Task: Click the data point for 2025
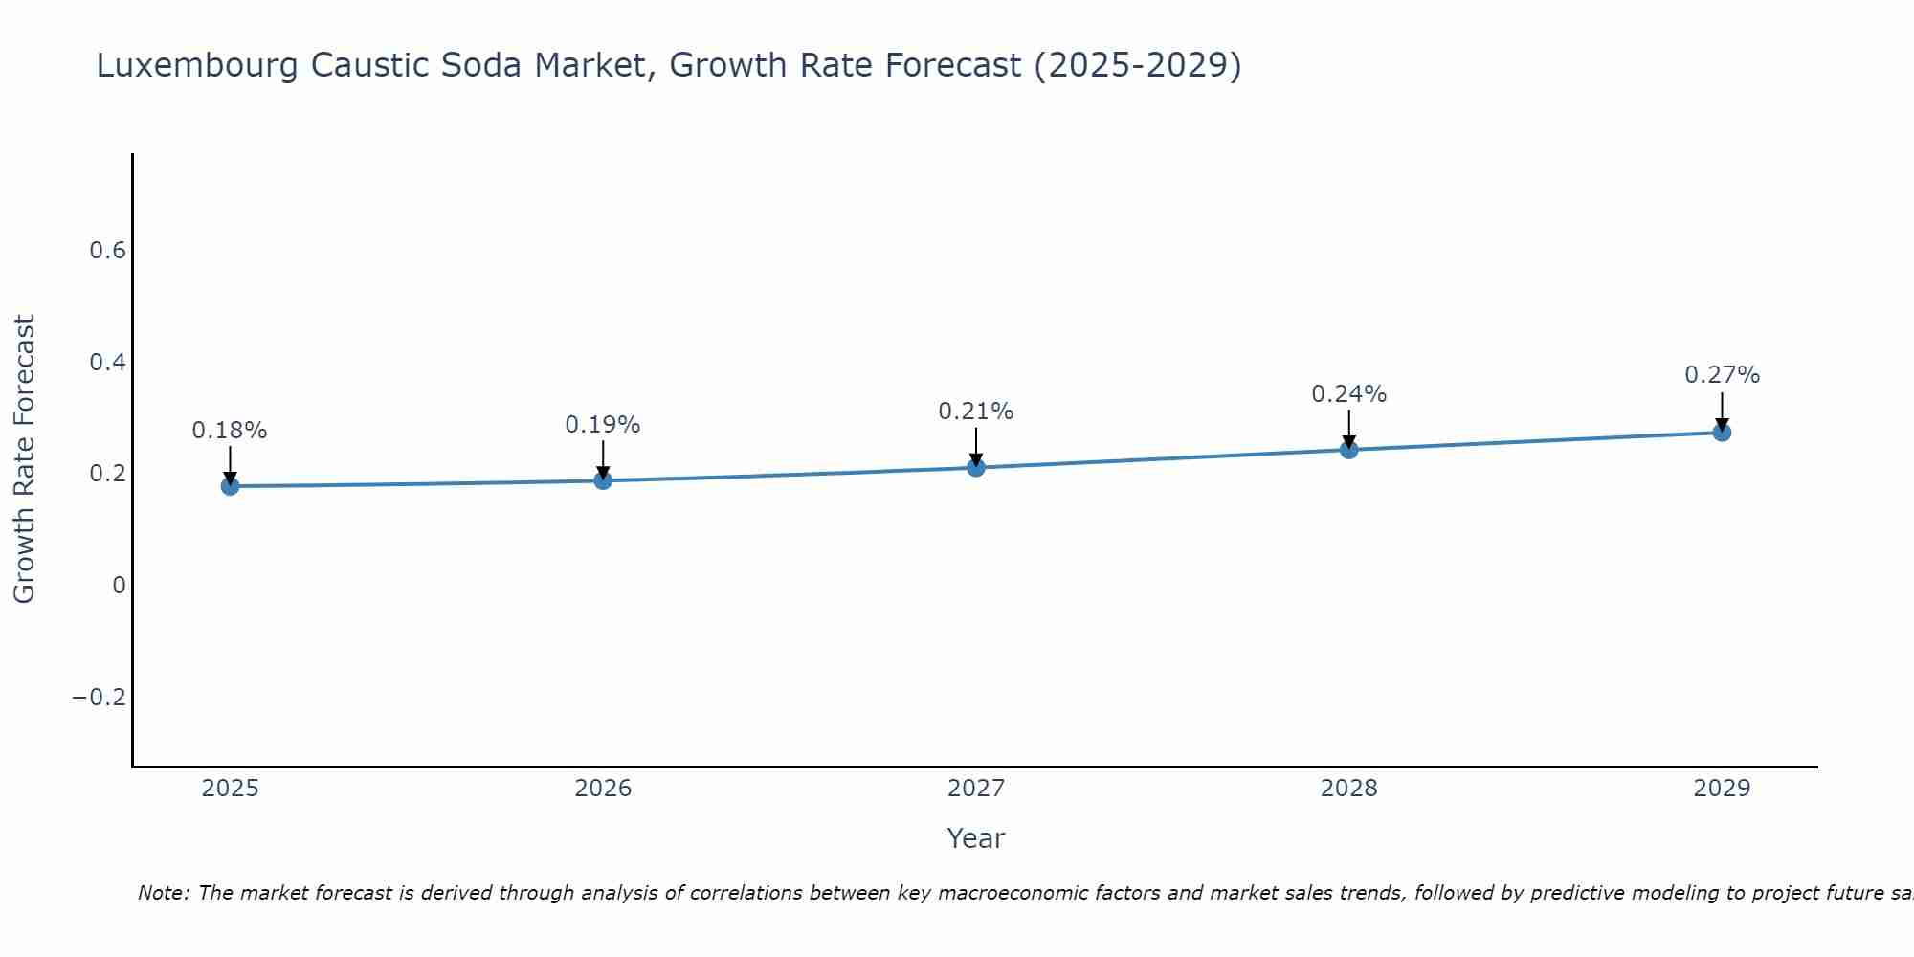tap(230, 486)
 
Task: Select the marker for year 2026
tap(603, 480)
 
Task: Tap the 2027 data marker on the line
tap(976, 468)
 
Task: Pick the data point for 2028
tap(1349, 450)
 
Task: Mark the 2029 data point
tap(1722, 433)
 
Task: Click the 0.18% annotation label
tap(230, 431)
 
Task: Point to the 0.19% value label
tap(603, 425)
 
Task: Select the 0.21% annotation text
tap(976, 412)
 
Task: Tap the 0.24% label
tap(1349, 394)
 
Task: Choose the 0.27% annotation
tap(1722, 375)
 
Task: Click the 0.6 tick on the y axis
tap(107, 251)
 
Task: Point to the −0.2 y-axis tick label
tap(99, 698)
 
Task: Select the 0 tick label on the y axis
tap(119, 586)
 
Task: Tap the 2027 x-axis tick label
tap(976, 789)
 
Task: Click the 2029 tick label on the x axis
tap(1722, 789)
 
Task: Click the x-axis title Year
tap(975, 839)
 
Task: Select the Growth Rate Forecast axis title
tap(25, 459)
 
